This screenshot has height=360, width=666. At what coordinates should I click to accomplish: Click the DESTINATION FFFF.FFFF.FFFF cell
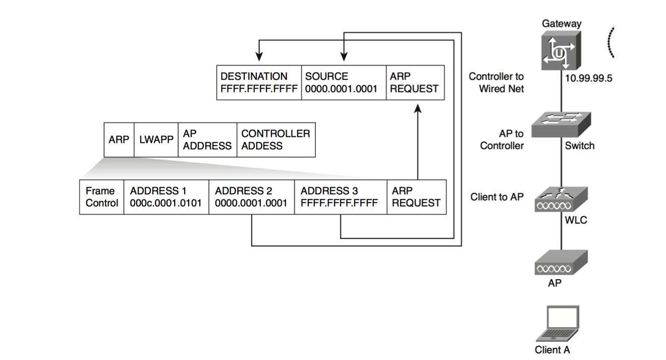tap(259, 82)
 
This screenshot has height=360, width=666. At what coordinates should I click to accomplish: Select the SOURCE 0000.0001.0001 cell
tap(343, 82)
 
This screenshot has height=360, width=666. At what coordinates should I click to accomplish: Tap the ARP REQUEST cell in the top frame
tap(415, 82)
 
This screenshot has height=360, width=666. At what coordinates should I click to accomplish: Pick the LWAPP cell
tap(156, 139)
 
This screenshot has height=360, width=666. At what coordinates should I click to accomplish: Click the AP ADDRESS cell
tap(207, 139)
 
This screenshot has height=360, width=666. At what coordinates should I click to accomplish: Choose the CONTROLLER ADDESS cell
tap(275, 139)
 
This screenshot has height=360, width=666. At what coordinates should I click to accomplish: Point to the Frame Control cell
tap(101, 197)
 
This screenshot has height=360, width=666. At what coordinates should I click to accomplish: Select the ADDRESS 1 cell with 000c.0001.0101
tap(166, 197)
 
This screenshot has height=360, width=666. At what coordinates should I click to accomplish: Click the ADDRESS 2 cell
tap(251, 197)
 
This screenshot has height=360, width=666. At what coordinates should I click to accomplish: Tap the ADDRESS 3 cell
tap(340, 197)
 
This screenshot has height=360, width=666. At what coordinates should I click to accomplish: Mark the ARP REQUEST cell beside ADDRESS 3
tap(416, 197)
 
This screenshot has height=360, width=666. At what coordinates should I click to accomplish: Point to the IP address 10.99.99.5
tap(588, 79)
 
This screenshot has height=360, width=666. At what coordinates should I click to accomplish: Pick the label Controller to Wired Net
tap(496, 83)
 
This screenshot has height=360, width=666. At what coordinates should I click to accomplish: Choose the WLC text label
tap(576, 220)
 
